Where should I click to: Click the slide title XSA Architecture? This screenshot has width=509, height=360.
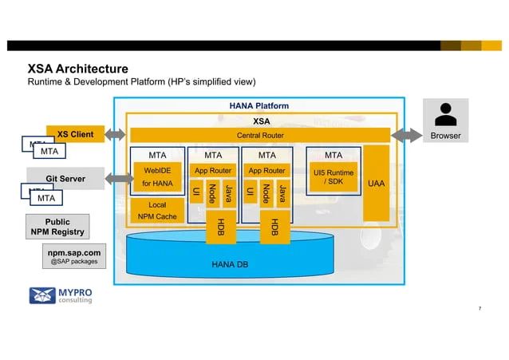[x=78, y=69]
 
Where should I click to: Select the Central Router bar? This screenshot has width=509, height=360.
[x=259, y=135]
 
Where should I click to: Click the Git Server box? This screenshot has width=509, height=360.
[x=65, y=178]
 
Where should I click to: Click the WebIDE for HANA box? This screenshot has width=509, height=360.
[x=157, y=177]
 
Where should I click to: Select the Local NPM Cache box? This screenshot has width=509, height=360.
[x=157, y=210]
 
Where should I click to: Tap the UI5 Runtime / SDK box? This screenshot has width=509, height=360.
[x=333, y=177]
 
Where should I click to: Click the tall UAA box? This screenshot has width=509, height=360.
[x=377, y=183]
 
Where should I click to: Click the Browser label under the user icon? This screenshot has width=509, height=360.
[x=446, y=136]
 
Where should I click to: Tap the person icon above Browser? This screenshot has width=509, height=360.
[x=446, y=116]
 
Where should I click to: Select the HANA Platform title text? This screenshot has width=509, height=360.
[x=259, y=105]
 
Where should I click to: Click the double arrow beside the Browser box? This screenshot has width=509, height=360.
[x=406, y=136]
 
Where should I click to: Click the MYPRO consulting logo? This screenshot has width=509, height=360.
[x=61, y=295]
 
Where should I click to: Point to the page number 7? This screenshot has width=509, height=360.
[x=479, y=308]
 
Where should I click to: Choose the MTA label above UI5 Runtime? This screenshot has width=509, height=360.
[x=333, y=155]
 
